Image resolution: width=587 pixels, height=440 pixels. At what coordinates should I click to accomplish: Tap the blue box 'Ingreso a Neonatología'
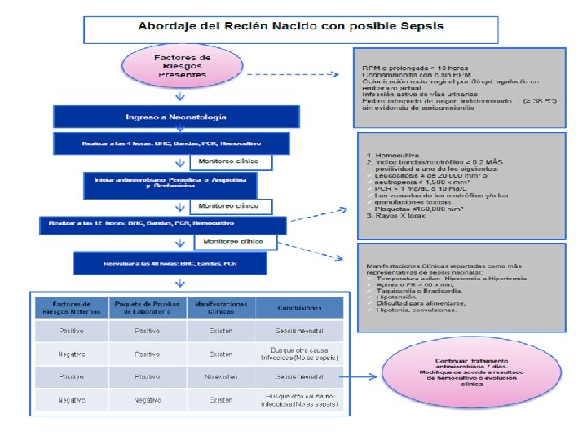pyautogui.click(x=170, y=117)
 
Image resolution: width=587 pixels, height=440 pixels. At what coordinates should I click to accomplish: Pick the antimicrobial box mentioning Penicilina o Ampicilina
pyautogui.click(x=170, y=185)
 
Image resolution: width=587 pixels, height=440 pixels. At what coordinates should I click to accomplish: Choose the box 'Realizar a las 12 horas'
pyautogui.click(x=164, y=222)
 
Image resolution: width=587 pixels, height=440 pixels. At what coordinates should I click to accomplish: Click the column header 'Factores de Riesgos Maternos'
pyautogui.click(x=71, y=307)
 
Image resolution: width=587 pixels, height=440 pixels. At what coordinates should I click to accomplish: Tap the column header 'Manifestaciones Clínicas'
pyautogui.click(x=220, y=307)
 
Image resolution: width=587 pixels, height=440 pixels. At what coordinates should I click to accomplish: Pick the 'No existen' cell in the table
pyautogui.click(x=220, y=377)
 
